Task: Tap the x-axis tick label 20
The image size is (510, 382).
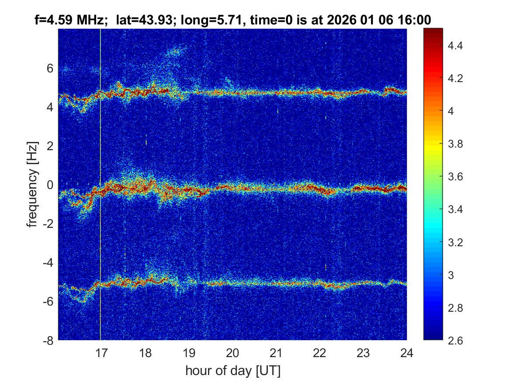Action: click(x=232, y=352)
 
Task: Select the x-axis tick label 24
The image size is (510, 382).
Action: click(x=407, y=352)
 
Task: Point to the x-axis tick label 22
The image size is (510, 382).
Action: click(x=319, y=352)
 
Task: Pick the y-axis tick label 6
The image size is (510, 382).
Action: click(x=50, y=68)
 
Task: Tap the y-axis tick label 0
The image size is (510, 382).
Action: click(x=50, y=185)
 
